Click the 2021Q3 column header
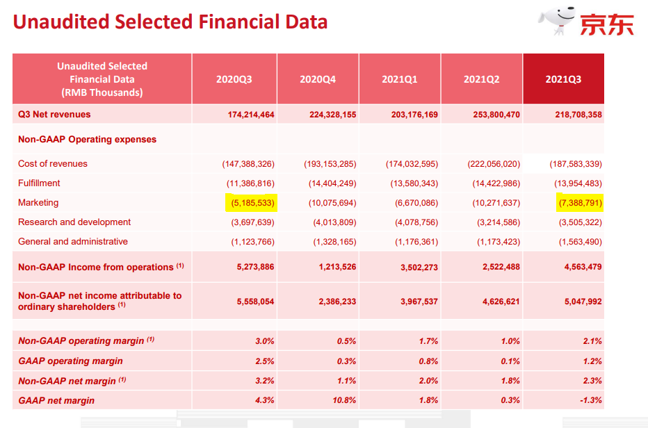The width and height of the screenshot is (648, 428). click(563, 79)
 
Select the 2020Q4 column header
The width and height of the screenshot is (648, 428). click(317, 79)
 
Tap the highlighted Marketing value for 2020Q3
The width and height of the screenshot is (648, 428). click(252, 203)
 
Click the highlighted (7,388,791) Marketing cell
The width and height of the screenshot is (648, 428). click(581, 203)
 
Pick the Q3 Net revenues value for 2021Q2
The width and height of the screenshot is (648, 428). click(496, 115)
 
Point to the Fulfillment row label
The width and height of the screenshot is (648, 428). click(39, 183)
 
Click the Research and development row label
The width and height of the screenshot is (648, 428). click(74, 222)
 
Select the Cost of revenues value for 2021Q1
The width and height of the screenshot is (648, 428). click(412, 164)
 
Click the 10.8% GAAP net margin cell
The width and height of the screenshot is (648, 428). click(344, 400)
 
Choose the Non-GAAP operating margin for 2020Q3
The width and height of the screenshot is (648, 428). click(264, 341)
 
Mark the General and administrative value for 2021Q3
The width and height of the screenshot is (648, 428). click(581, 242)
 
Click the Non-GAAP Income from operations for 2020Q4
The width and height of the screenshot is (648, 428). click(337, 267)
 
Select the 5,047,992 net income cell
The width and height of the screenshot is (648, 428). click(583, 302)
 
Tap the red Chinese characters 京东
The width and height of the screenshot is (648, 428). click(607, 25)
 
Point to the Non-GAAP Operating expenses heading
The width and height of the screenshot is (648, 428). click(87, 140)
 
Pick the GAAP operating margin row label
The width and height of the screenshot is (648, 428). click(70, 361)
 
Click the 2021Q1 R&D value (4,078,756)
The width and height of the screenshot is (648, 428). click(416, 222)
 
